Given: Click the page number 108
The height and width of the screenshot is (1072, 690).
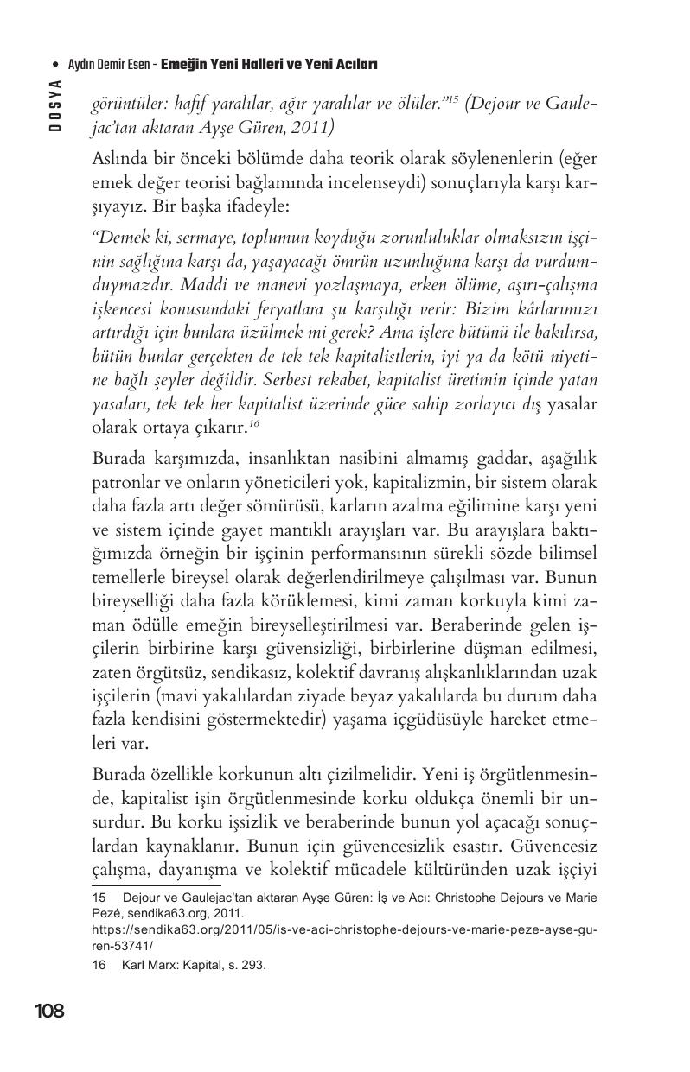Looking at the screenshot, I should [49, 1011].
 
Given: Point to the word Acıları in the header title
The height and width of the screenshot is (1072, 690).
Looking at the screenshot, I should [355, 65].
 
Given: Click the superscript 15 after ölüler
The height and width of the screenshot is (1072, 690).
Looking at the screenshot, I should [450, 100].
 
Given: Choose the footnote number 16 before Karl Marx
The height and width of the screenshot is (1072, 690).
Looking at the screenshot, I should [99, 966].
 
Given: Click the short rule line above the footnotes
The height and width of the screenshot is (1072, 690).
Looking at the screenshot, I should [157, 885].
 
